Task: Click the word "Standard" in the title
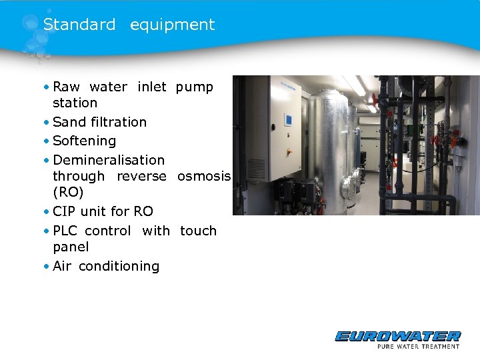coord(79,25)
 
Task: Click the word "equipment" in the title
coord(172,25)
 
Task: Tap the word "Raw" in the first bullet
coord(66,87)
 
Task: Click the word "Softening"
coord(84,141)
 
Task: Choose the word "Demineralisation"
coord(109,160)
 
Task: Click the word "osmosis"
coord(204,176)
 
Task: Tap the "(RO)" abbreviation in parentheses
coord(68,192)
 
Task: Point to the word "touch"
coord(198,231)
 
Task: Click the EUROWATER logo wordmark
coord(397,336)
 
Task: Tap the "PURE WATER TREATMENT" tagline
coord(418,346)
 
